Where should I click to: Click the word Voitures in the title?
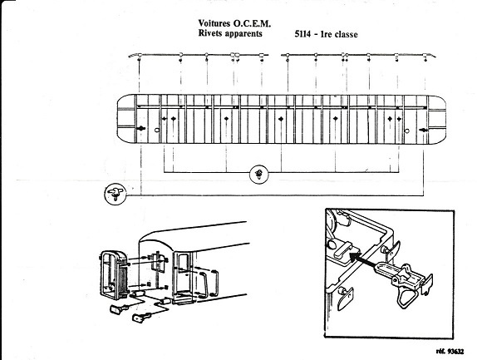point(214,23)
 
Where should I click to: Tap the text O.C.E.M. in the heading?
point(252,23)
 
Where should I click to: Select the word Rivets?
point(210,33)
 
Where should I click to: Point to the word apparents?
point(243,33)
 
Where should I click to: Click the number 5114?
point(302,34)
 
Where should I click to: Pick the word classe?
point(347,34)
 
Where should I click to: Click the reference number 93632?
point(455,352)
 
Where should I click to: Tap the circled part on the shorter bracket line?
point(259,175)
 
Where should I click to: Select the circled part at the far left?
point(116,194)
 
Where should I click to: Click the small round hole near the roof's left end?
point(157,131)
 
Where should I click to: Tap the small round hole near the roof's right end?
point(407,131)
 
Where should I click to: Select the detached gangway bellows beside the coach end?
point(113,275)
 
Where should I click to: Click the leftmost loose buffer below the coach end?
point(119,309)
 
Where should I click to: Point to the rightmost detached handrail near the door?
point(213,283)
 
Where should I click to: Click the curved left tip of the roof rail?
point(130,56)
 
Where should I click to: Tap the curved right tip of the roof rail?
point(433,56)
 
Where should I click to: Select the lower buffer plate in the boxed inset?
point(346,298)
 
